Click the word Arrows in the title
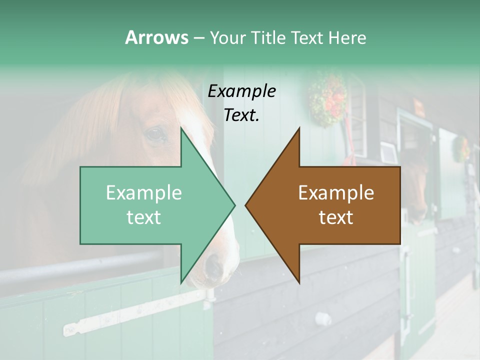(x=156, y=37)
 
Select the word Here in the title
(x=347, y=37)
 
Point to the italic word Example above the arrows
(x=241, y=91)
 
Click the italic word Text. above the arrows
(x=241, y=115)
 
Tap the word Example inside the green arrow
(x=143, y=193)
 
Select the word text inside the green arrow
(x=143, y=217)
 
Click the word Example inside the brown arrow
(x=336, y=193)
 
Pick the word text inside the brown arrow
(x=336, y=217)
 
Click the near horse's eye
(x=155, y=134)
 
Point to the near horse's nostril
(x=214, y=263)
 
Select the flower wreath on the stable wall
(x=327, y=98)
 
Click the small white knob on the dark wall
(x=322, y=318)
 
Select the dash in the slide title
(x=198, y=38)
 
